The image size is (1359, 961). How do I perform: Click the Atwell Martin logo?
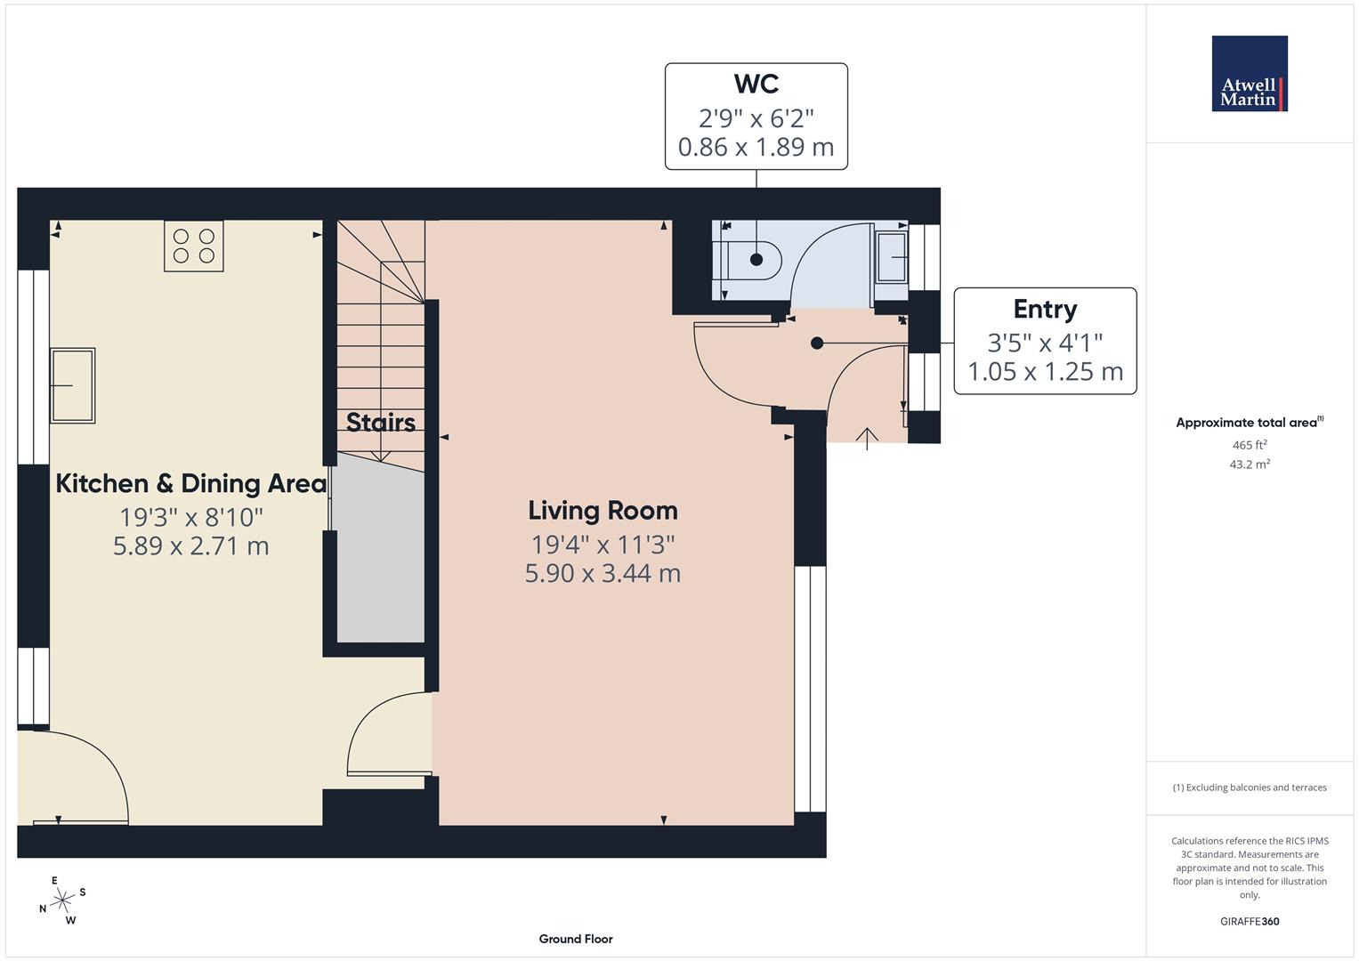1249,73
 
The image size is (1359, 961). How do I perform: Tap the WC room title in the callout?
756,84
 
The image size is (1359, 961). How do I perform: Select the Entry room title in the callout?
1045,309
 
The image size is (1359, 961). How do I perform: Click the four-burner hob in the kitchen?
194,246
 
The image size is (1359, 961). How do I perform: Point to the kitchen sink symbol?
72,385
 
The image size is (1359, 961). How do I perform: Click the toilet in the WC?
752,260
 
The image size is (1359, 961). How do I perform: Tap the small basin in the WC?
891,257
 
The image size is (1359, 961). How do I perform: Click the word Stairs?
380,422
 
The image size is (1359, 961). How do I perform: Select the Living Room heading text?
603,510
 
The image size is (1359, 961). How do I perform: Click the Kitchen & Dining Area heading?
190,483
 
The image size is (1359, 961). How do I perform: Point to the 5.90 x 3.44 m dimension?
603,573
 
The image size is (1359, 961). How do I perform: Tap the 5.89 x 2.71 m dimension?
190,545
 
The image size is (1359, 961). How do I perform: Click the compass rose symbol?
62,900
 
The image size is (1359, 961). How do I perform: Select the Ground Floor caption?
575,939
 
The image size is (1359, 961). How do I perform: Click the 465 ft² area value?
1249,445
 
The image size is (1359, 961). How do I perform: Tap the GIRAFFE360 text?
1249,921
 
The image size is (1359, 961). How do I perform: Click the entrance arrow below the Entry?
867,438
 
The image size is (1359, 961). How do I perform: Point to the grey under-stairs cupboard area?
380,569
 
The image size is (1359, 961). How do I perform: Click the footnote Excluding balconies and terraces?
1249,787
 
